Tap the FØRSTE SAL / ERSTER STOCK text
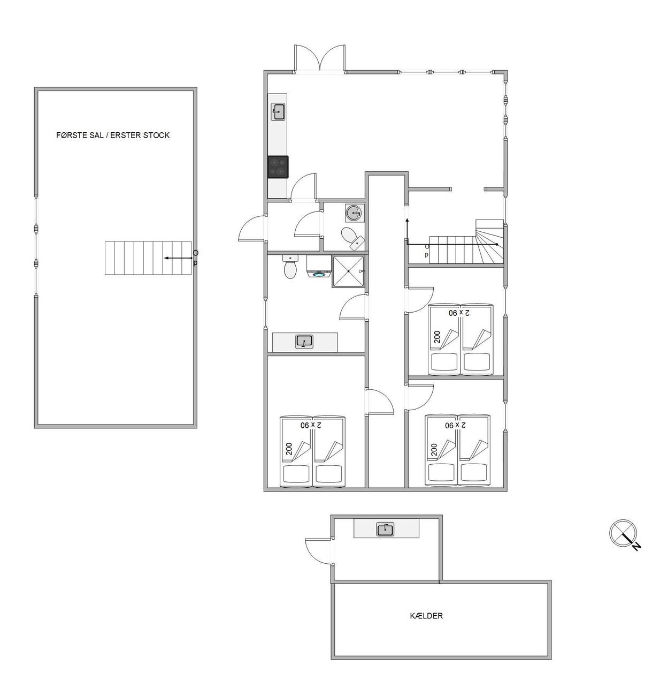113,135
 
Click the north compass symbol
623,534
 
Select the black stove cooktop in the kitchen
278,167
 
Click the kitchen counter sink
278,112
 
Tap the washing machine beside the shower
318,267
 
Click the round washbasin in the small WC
355,213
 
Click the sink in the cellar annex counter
385,530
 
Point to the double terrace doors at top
320,59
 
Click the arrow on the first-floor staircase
178,258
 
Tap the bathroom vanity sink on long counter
305,342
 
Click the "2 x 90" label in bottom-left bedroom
311,425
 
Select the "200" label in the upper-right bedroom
438,337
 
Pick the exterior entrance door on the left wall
252,228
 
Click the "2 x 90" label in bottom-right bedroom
456,425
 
